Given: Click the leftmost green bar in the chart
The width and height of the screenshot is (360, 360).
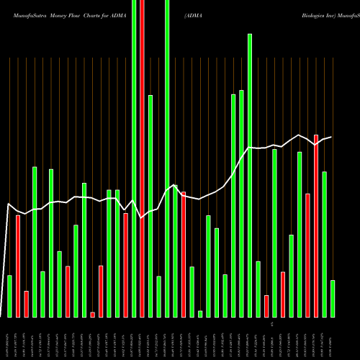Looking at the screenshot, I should point(9,296).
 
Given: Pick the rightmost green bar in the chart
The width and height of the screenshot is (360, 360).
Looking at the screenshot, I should point(333,299).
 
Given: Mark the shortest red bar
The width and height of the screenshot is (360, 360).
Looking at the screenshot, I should point(93,314).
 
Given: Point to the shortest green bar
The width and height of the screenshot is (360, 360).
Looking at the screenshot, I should point(200,313).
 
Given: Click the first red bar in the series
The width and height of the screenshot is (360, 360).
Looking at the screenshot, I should point(18,266).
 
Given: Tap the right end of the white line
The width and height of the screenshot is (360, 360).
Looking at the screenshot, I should point(331,137).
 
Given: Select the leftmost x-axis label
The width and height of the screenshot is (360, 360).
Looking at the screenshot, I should point(9,338).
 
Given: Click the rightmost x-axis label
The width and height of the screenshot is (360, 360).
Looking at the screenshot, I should point(333,338).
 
